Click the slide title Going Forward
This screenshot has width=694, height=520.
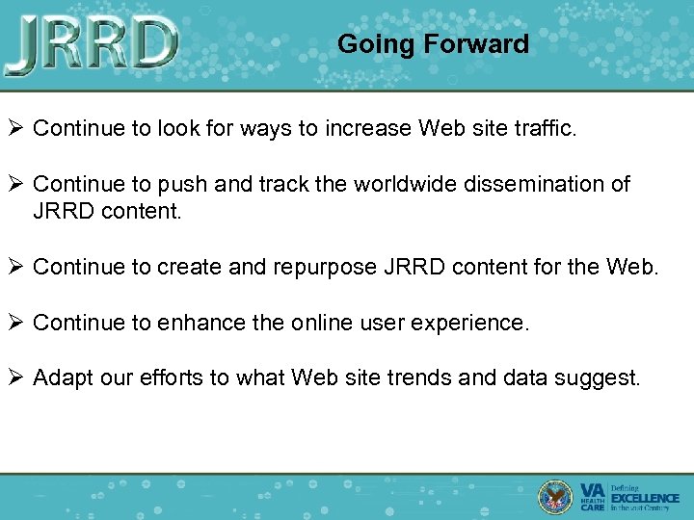tap(433, 44)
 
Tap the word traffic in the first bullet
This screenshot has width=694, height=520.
tap(544, 129)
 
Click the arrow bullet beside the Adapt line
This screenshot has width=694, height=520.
tap(15, 377)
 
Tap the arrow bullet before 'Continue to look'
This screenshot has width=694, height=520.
tap(15, 129)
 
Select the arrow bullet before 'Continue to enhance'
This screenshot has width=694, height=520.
tap(15, 323)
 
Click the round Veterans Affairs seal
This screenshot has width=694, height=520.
tap(556, 496)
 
